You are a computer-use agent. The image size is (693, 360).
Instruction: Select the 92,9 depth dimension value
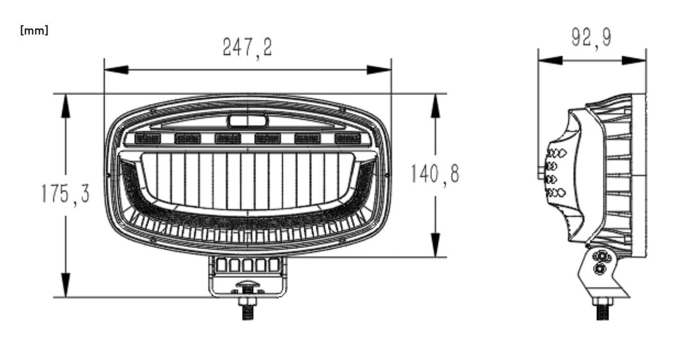pyautogui.click(x=592, y=38)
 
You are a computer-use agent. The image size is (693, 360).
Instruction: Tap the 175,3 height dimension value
pyautogui.click(x=65, y=194)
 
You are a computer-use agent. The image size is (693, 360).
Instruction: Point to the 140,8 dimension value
pyautogui.click(x=435, y=174)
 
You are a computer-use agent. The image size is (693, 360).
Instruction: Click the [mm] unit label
pyautogui.click(x=35, y=31)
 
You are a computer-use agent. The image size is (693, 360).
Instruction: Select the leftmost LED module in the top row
pyautogui.click(x=147, y=138)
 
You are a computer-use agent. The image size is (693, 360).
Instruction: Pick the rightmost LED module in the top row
pyautogui.click(x=346, y=138)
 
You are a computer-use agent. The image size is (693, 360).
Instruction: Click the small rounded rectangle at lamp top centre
pyautogui.click(x=247, y=120)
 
